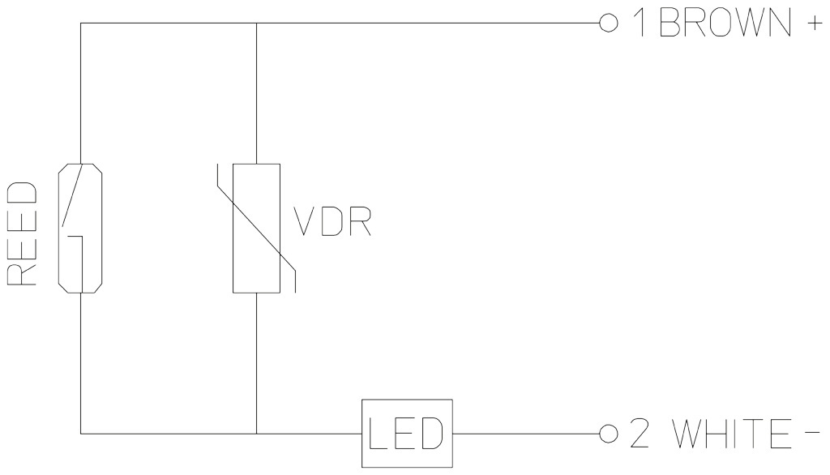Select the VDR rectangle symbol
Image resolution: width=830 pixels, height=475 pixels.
click(x=256, y=228)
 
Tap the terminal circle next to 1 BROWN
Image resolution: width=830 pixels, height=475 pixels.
click(x=604, y=24)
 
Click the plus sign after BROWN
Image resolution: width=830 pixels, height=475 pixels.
click(x=811, y=24)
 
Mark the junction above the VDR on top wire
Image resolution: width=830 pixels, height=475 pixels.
click(x=256, y=24)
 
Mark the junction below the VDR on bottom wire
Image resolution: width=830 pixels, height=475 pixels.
click(x=256, y=434)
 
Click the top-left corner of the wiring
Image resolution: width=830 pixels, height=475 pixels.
click(x=81, y=24)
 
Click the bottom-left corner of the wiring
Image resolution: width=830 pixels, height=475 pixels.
click(x=81, y=434)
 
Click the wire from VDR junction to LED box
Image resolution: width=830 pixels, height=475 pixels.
click(x=308, y=434)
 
